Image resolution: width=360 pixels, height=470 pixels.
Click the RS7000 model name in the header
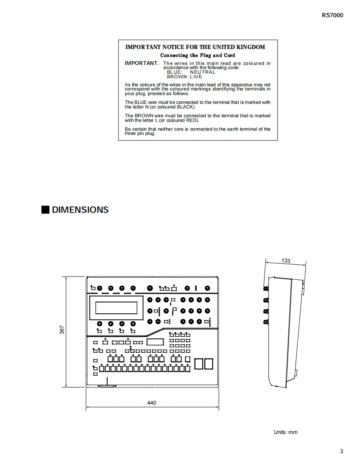[x=332, y=15]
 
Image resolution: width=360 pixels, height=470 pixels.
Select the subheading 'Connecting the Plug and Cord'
[x=198, y=55]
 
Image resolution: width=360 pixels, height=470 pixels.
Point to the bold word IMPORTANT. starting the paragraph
[x=141, y=63]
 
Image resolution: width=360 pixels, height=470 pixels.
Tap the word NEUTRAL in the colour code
[x=203, y=72]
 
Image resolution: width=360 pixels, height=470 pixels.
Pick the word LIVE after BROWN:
[x=196, y=77]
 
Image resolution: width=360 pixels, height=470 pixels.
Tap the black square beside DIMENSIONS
[x=45, y=209]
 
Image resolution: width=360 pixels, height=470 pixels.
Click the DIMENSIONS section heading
[x=80, y=209]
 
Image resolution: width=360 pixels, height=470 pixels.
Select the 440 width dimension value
[x=152, y=403]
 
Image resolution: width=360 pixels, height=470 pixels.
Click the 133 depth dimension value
[x=286, y=261]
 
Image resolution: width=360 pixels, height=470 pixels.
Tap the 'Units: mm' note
[x=285, y=432]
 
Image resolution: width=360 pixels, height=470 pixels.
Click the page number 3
[x=342, y=451]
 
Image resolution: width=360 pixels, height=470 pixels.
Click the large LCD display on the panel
[x=116, y=308]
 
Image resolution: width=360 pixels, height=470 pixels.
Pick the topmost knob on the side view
[x=265, y=289]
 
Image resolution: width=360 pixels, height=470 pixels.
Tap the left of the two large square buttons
[x=199, y=364]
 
